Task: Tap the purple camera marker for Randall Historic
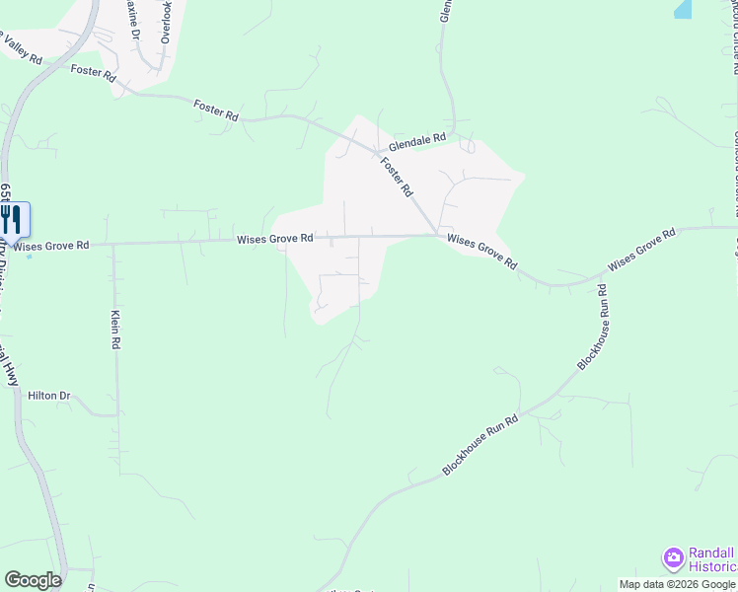coord(673,558)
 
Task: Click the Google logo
coord(33,580)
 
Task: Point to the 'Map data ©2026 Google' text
coord(677,584)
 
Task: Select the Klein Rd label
coord(114,331)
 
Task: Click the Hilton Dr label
coord(50,396)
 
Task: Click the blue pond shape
coord(683,9)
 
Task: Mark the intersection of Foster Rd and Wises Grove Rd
coord(438,235)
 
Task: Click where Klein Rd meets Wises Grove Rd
coord(113,243)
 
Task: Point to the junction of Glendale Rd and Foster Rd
coord(378,152)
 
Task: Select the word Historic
coord(711,566)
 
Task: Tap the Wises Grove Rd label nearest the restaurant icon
coord(52,245)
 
